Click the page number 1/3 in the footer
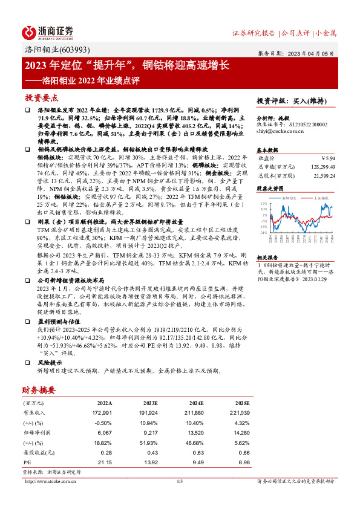click(180, 481)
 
